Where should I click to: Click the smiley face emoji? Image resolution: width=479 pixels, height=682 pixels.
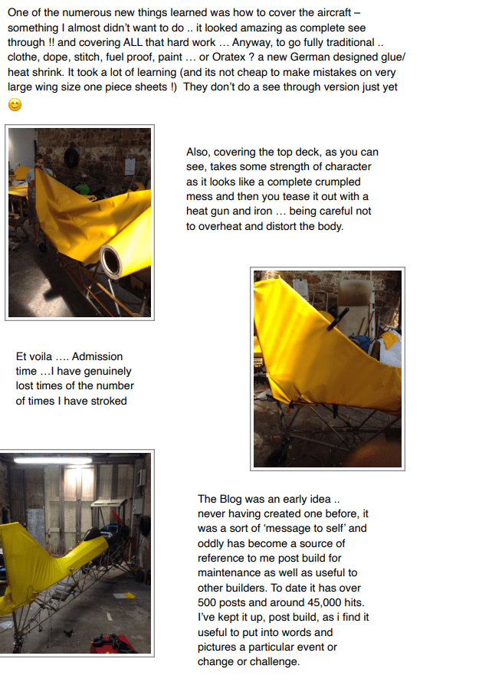click(15, 105)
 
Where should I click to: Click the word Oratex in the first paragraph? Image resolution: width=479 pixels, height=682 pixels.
click(228, 57)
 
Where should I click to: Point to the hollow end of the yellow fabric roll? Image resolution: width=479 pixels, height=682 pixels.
click(111, 262)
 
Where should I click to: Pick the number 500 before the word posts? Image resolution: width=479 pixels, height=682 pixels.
click(207, 602)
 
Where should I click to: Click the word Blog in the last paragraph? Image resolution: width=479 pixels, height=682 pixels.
click(231, 500)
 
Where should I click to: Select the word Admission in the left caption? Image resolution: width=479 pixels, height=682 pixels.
click(97, 356)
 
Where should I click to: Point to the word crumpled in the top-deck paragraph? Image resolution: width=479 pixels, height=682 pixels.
click(340, 182)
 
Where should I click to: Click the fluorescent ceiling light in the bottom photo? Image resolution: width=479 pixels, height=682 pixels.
click(53, 460)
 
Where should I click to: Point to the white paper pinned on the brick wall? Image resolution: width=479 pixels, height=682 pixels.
click(130, 166)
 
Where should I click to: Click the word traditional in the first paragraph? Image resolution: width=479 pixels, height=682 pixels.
click(346, 42)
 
